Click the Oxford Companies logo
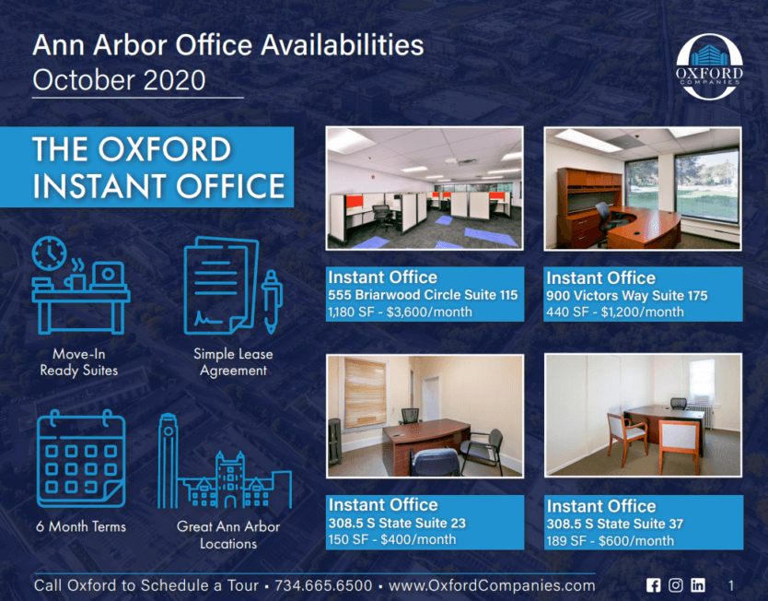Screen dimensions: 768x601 (x=709, y=66)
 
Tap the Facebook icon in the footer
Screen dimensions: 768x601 (x=654, y=584)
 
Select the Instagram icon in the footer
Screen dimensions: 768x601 (x=675, y=584)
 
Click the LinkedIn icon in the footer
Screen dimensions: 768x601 (x=698, y=584)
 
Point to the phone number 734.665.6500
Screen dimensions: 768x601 (x=323, y=585)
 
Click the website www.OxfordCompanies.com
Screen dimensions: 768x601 (x=492, y=585)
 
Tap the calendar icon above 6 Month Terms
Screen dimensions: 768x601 (x=81, y=459)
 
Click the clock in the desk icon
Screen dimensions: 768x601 (x=49, y=253)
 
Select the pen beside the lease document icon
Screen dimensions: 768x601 (x=272, y=301)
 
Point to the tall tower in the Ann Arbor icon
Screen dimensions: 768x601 (x=168, y=461)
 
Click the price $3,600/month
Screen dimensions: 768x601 (x=429, y=312)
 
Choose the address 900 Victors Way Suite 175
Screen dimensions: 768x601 (x=627, y=296)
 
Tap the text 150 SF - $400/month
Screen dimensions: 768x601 (x=392, y=540)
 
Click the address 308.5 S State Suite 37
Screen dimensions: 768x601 (x=615, y=524)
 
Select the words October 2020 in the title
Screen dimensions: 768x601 (x=119, y=80)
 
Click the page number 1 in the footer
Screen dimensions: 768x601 (x=731, y=585)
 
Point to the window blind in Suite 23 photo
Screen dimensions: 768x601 (x=365, y=393)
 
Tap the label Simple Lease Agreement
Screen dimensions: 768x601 (x=233, y=361)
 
